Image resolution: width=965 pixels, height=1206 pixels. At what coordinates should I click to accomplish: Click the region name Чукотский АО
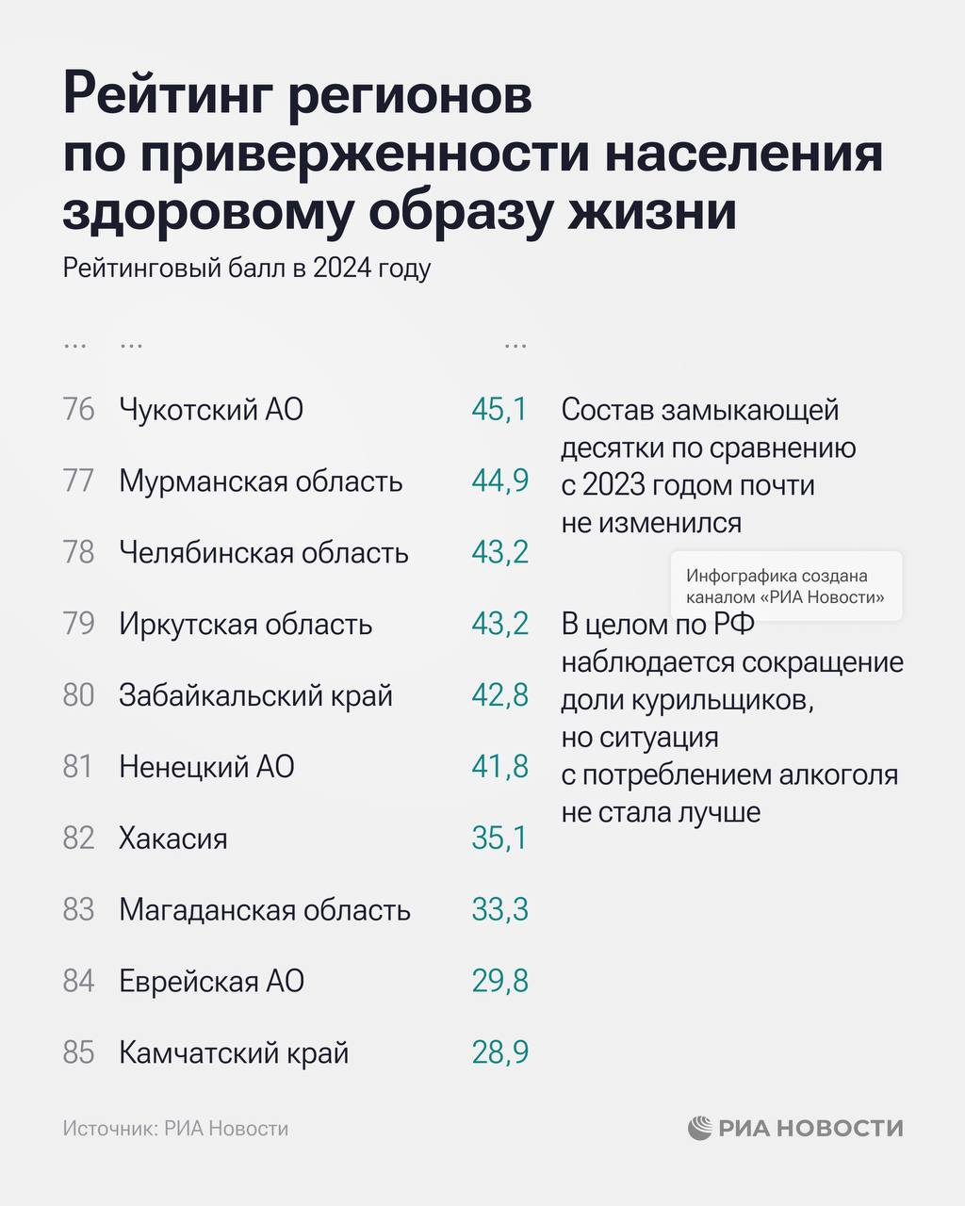pos(211,410)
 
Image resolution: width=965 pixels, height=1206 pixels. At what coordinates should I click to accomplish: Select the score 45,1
pos(499,410)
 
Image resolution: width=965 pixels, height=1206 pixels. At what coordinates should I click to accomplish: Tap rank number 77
pos(78,481)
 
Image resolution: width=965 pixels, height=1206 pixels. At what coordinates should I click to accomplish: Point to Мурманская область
pos(260,481)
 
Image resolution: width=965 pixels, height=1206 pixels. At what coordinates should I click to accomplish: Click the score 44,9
pos(499,481)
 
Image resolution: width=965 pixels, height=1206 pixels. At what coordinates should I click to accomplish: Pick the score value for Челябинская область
pos(499,553)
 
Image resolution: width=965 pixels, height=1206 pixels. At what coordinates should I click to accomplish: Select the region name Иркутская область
pos(245,625)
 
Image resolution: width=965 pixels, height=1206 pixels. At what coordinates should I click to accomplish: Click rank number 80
pos(78,695)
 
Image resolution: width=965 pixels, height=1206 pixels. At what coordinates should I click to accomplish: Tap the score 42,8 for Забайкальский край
pos(499,695)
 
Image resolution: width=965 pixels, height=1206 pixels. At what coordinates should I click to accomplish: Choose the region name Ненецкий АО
pos(206,767)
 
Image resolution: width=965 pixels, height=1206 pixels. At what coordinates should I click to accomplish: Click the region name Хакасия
pos(173,839)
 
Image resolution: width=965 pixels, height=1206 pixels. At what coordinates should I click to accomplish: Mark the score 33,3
pos(499,910)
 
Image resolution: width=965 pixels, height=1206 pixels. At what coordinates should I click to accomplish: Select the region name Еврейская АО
pos(211,982)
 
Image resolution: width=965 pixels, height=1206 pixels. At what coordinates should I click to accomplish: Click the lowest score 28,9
pos(499,1052)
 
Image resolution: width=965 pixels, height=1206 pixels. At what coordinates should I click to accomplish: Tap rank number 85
pos(78,1052)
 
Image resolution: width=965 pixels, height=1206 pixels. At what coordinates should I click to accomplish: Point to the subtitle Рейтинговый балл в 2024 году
pos(247,269)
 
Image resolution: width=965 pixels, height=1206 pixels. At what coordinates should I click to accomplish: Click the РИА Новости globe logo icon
pos(699,1128)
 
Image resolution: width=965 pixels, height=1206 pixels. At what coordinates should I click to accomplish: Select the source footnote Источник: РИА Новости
pos(175,1129)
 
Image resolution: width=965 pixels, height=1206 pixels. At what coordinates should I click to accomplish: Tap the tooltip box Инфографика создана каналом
pos(786,586)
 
